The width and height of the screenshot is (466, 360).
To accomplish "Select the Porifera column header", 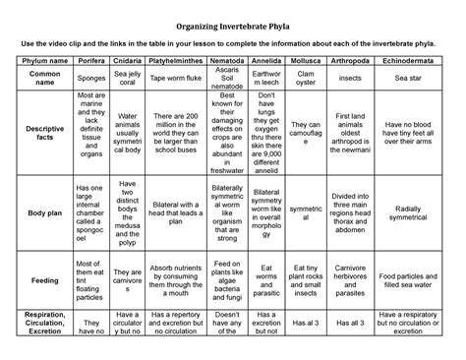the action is (x=90, y=60).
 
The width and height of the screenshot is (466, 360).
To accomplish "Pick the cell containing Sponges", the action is (x=90, y=79).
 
